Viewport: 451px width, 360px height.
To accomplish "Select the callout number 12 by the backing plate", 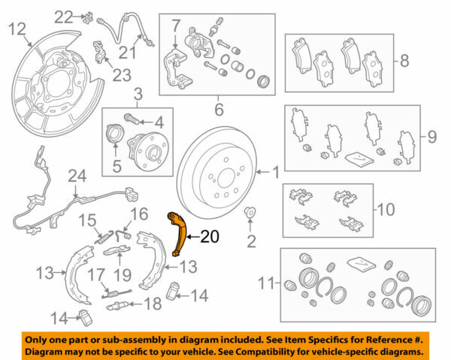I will coord(17,29).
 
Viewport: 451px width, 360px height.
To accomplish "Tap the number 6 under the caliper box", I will coord(218,110).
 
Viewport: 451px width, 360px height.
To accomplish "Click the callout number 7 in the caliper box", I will coord(174,27).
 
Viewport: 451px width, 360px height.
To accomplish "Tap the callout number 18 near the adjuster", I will coord(153,304).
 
